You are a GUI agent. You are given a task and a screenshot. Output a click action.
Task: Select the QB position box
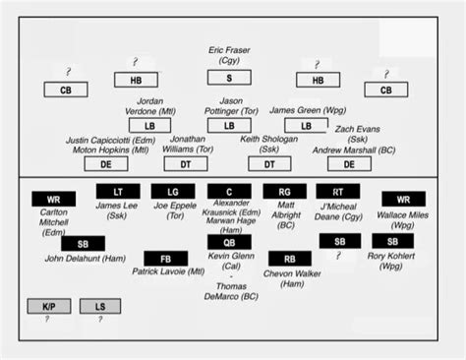click(229, 242)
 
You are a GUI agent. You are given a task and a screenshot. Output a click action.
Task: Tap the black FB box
click(165, 259)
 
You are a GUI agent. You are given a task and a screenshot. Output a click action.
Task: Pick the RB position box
click(289, 259)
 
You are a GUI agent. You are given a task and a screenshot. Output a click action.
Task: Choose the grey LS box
click(99, 307)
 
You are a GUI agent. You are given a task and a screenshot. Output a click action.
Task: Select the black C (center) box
click(229, 192)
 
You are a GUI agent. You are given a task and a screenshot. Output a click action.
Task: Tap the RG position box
click(284, 192)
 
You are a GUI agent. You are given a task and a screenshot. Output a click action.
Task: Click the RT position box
click(338, 192)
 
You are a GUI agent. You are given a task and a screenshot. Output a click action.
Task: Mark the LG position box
click(173, 192)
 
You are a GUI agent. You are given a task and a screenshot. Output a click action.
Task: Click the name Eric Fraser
click(229, 49)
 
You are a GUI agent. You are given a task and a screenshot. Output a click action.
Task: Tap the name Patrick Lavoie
click(167, 272)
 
